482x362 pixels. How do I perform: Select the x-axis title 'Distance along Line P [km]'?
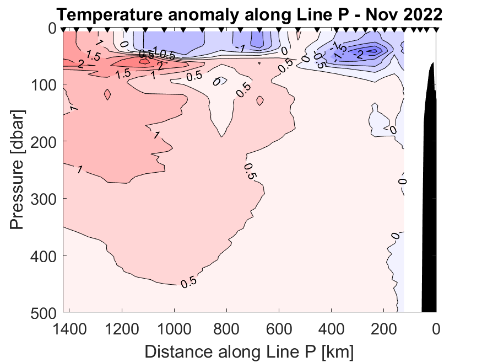point(249,350)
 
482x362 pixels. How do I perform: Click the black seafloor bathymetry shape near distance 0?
point(430,193)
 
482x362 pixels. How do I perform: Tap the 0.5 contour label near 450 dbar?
point(188,282)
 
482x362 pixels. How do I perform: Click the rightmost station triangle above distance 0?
point(436,29)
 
